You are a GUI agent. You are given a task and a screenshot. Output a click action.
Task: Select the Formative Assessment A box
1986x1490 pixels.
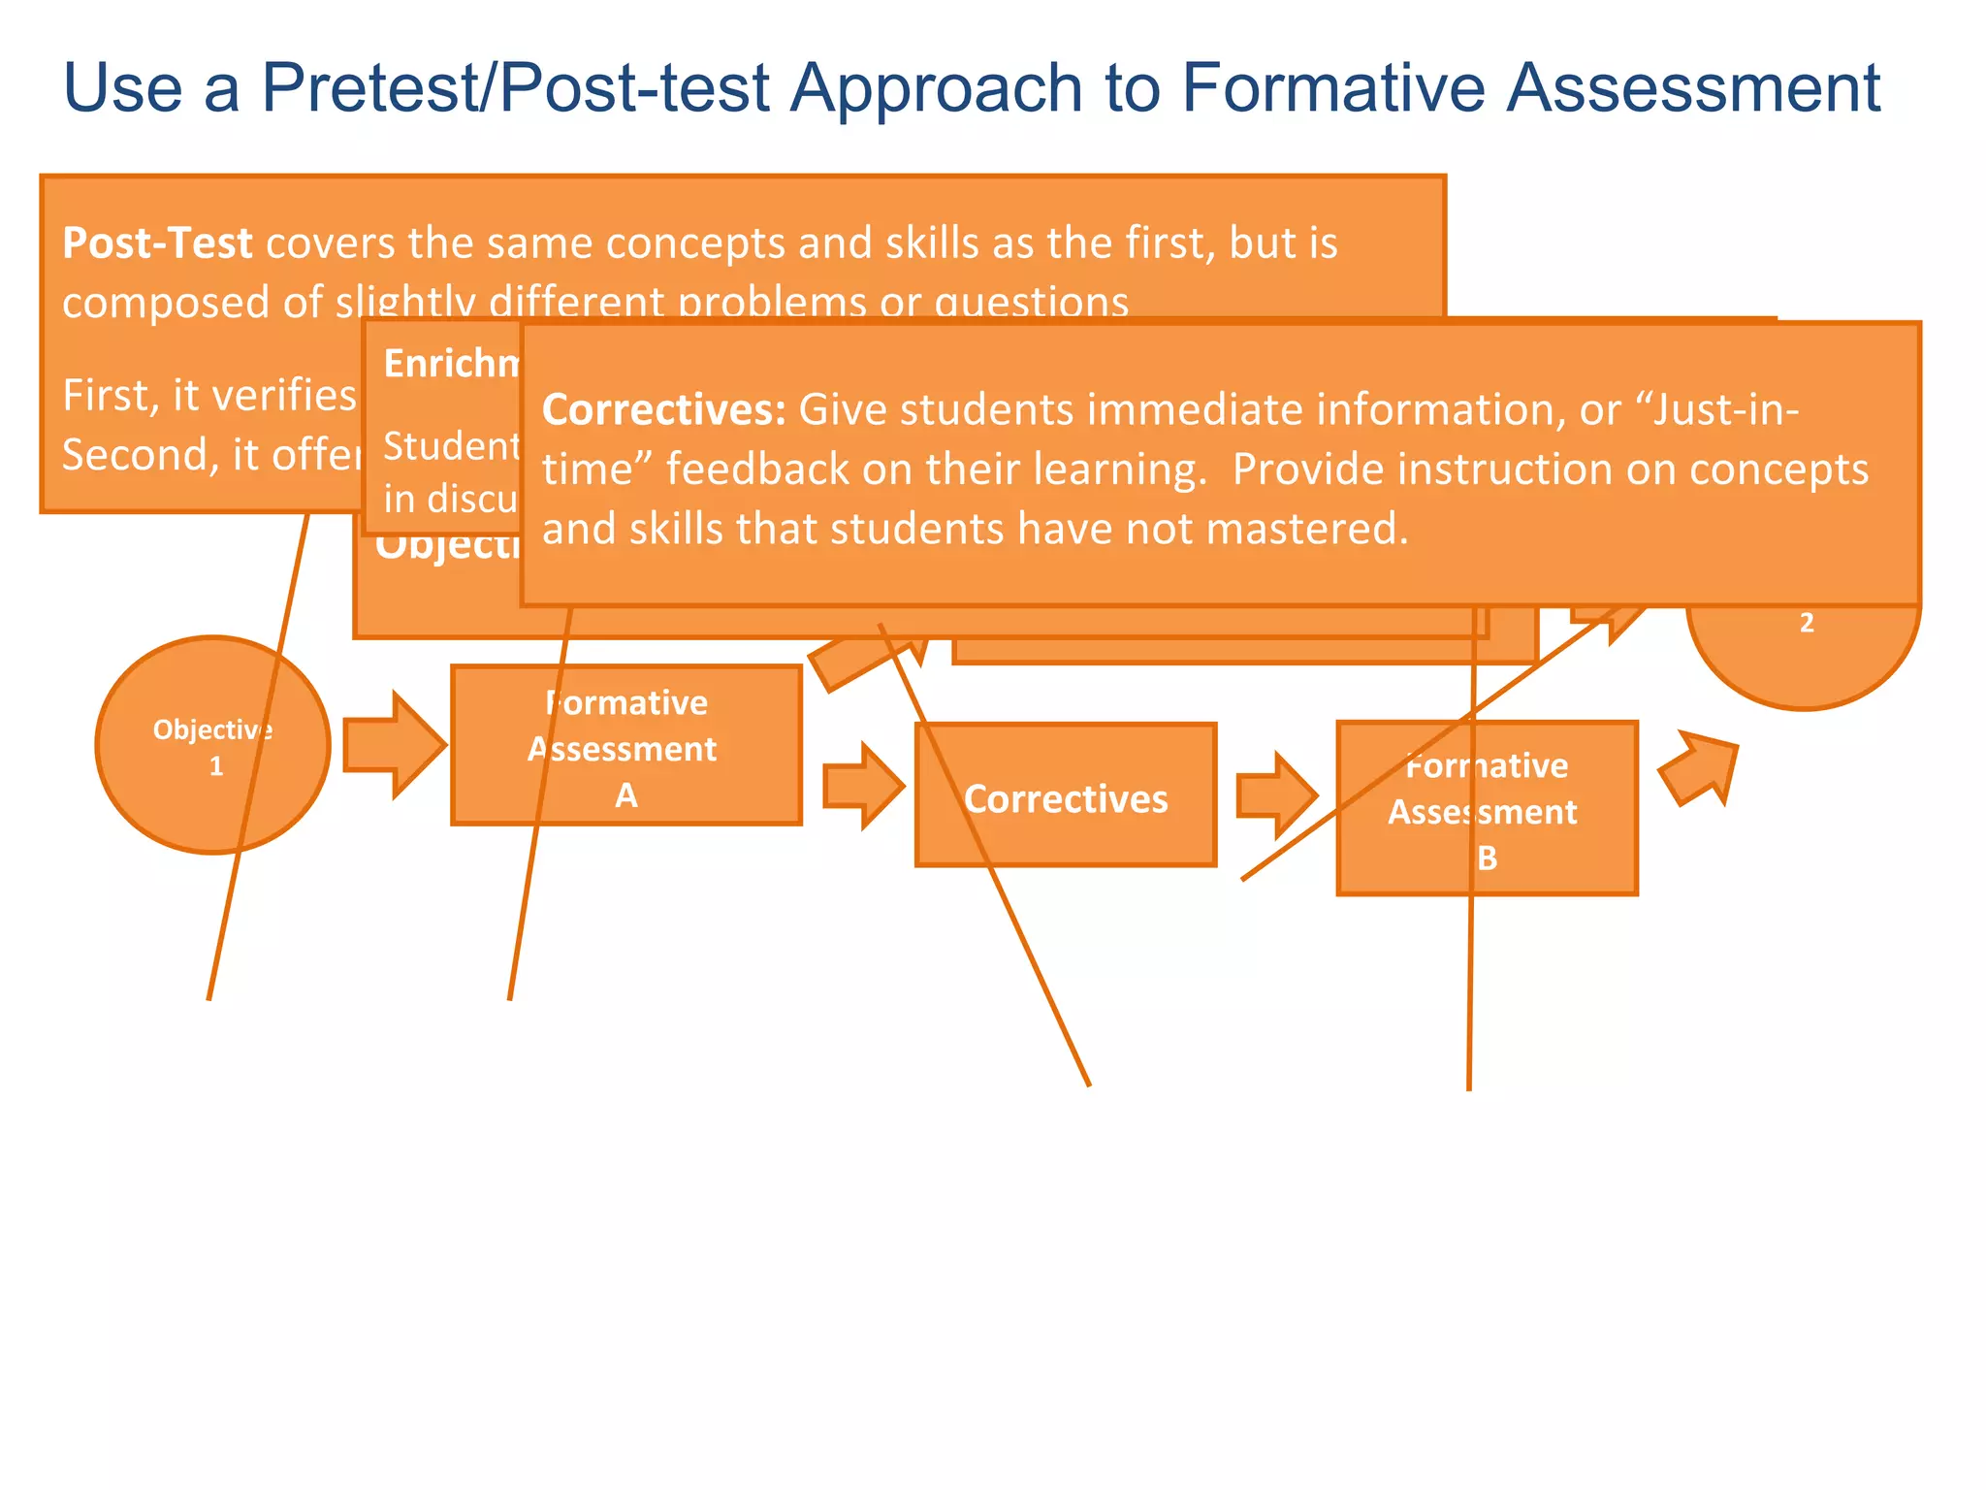(x=625, y=745)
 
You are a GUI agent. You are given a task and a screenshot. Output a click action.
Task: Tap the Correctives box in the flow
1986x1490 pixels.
(x=1065, y=797)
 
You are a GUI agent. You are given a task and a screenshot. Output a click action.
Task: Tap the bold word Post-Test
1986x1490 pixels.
(x=157, y=243)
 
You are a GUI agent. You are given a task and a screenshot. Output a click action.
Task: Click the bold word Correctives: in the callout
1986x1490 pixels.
(x=663, y=409)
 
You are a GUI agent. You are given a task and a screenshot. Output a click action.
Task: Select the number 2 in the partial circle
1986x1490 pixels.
(x=1806, y=623)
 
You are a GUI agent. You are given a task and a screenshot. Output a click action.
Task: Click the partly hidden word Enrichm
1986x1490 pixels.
(x=452, y=364)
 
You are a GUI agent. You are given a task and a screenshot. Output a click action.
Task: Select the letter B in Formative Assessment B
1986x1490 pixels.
(x=1487, y=858)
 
